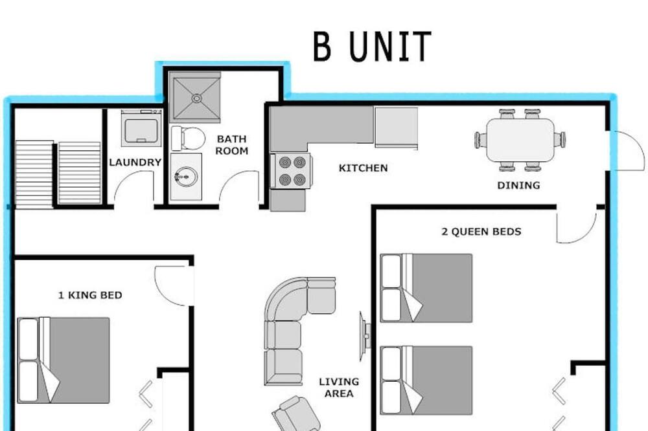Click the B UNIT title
click(x=372, y=46)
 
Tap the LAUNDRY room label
click(x=135, y=162)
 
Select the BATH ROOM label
click(x=232, y=145)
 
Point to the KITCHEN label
click(x=364, y=168)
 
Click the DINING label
click(x=518, y=185)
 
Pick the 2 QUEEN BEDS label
click(x=481, y=232)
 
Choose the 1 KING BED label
click(x=90, y=295)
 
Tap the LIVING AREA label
click(x=339, y=388)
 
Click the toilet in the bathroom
click(x=188, y=138)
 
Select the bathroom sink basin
click(x=186, y=177)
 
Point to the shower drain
click(x=197, y=98)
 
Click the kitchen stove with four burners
click(x=292, y=170)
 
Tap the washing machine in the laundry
click(x=141, y=128)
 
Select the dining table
click(x=520, y=140)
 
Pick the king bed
click(x=64, y=360)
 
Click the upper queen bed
click(x=426, y=288)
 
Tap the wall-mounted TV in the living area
click(x=364, y=337)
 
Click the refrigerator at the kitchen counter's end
click(x=396, y=127)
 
